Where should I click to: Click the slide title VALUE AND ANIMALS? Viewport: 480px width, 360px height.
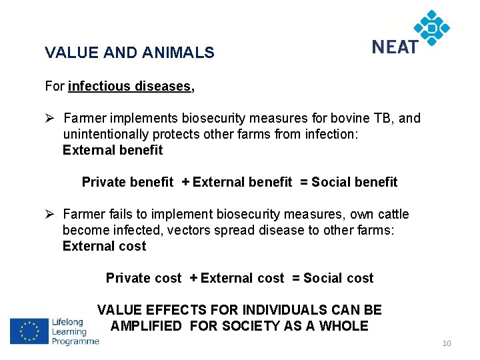click(129, 53)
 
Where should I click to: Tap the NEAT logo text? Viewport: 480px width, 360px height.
click(395, 47)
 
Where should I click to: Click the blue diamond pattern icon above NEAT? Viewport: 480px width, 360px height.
click(432, 27)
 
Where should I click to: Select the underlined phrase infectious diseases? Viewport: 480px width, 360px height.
click(129, 86)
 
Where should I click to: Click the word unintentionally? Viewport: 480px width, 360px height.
click(109, 135)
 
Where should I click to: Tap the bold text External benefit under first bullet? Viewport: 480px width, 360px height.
click(113, 151)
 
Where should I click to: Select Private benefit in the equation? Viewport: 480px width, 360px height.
click(127, 183)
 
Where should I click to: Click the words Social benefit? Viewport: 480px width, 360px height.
click(354, 183)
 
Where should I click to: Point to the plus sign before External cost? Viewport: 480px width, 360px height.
click(193, 279)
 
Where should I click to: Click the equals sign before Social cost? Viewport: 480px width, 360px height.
click(296, 279)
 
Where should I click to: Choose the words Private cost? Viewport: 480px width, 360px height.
click(143, 279)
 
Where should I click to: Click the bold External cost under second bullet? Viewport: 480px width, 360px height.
click(104, 247)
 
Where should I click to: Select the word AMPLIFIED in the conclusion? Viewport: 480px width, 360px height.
click(146, 327)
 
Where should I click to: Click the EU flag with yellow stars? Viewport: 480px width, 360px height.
click(29, 331)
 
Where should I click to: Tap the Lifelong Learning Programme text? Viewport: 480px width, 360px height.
click(75, 331)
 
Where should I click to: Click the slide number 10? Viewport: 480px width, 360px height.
click(447, 344)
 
